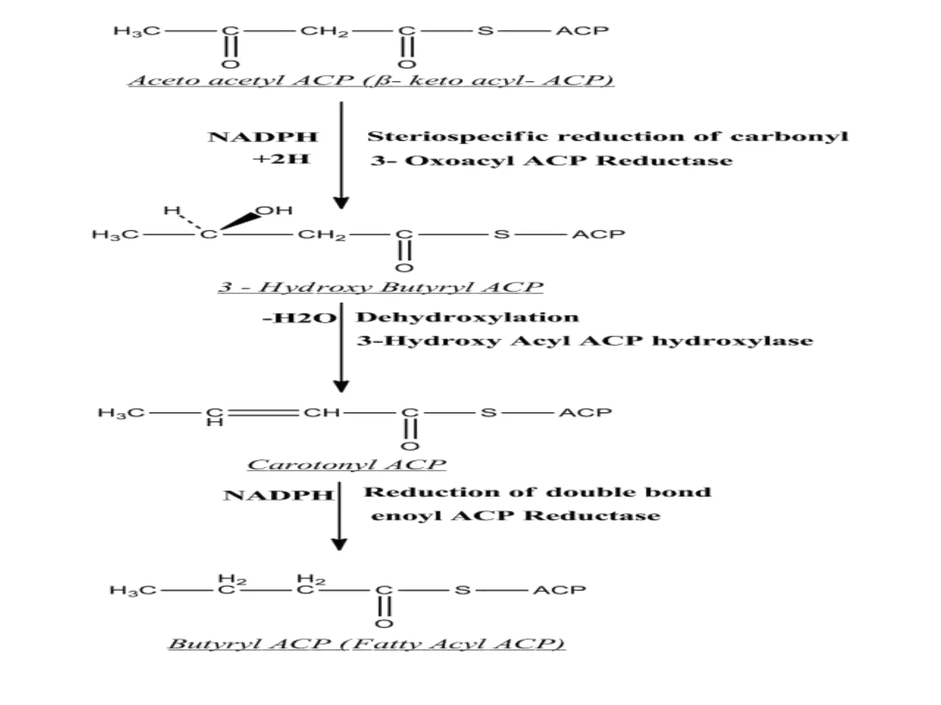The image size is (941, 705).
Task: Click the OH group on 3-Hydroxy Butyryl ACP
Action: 274,211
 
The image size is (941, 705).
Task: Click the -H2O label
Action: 300,318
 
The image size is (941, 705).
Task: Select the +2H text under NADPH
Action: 281,159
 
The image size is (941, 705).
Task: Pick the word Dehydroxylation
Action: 467,317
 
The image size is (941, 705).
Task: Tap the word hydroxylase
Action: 732,341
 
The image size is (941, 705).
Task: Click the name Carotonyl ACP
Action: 346,464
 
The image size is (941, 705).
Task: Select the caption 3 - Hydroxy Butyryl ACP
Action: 380,287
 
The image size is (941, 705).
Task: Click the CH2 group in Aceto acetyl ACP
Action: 324,31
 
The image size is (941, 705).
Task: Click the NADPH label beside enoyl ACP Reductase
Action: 278,495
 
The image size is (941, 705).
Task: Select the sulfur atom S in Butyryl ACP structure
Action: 462,590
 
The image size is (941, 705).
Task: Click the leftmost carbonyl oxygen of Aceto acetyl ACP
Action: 230,64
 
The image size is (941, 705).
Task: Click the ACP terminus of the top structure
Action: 582,31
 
